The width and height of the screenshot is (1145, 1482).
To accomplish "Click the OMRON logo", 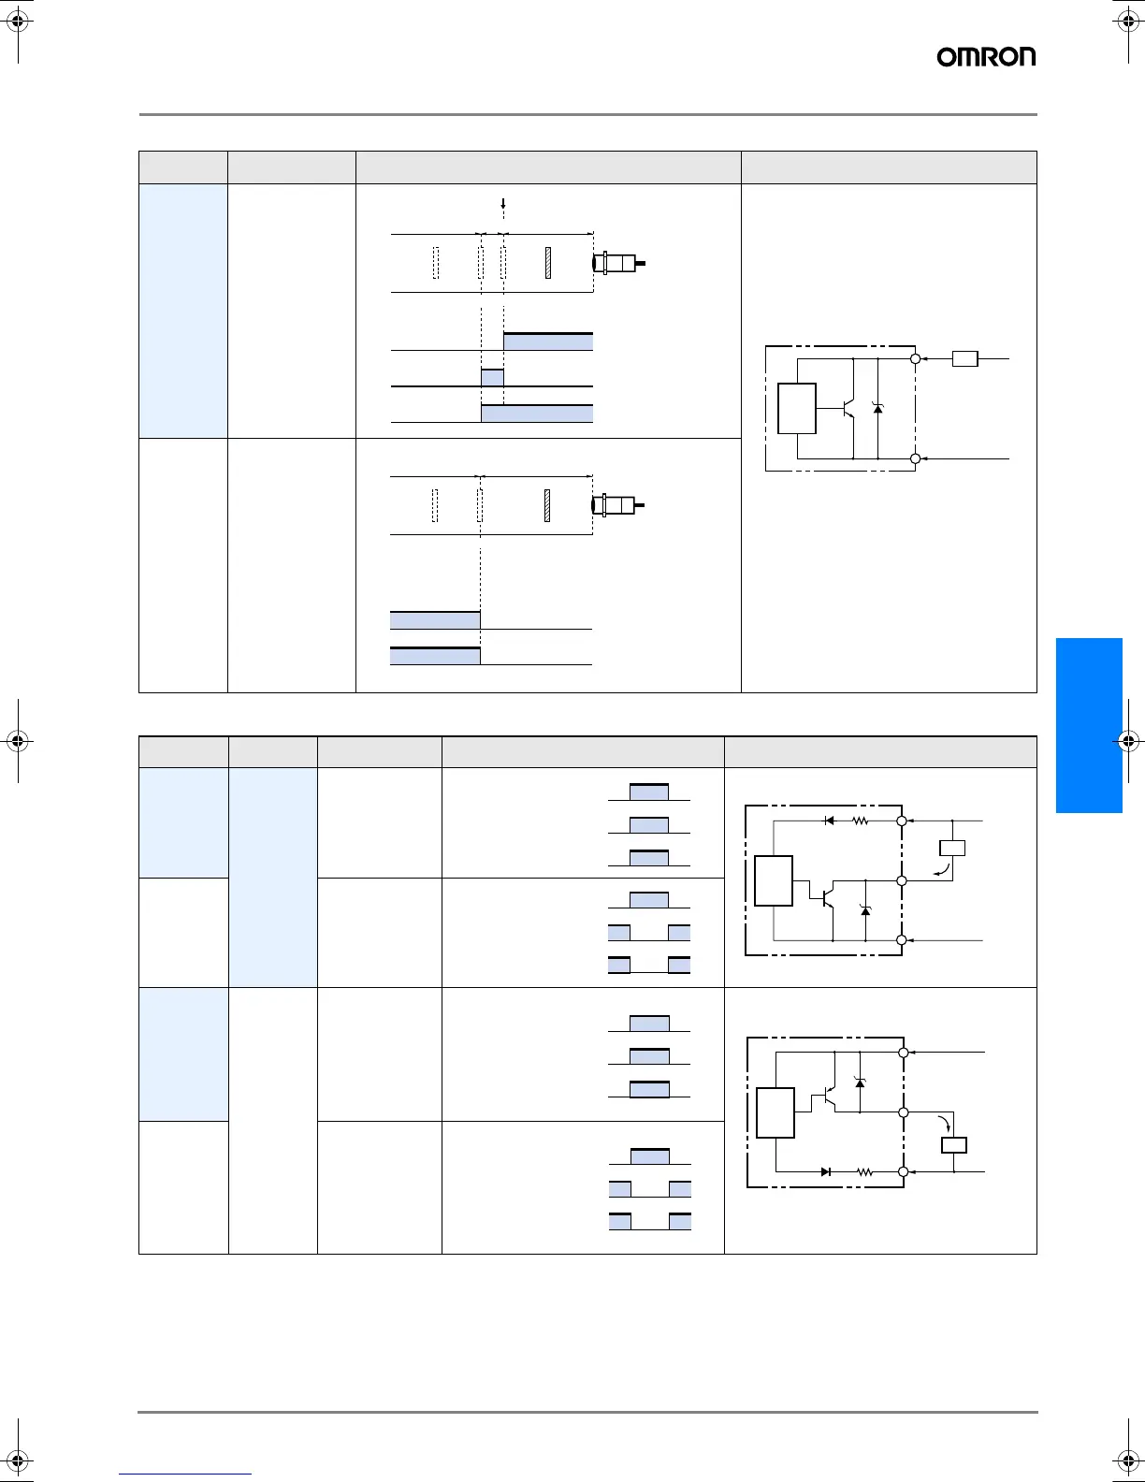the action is pos(986,57).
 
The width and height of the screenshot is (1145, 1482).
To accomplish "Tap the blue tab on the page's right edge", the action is pos(1089,725).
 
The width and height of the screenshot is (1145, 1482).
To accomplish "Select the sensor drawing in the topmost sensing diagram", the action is pos(617,263).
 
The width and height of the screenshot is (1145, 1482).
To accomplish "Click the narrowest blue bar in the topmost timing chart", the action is pos(492,378).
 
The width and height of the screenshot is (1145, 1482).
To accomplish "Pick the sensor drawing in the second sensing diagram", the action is pos(616,506).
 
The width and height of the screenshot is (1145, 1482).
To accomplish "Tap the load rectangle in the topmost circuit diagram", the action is pos(964,358).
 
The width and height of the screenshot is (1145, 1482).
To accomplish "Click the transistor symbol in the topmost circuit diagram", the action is pos(849,409).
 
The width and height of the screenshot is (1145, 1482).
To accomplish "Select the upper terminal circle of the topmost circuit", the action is pos(916,358).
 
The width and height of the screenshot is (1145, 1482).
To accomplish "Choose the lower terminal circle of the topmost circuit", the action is pos(916,458).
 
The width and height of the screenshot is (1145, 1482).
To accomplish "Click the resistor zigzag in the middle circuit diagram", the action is pos(860,821).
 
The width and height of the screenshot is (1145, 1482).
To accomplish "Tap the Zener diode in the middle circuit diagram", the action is pos(865,909).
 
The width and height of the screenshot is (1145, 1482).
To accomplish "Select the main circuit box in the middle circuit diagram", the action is pos(774,880).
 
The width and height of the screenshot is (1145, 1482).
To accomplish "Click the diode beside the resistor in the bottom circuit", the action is pos(825,1171).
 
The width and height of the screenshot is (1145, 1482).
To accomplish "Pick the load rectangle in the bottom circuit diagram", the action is pos(953,1145).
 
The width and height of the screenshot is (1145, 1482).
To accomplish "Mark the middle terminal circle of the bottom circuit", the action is pos(904,1112).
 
